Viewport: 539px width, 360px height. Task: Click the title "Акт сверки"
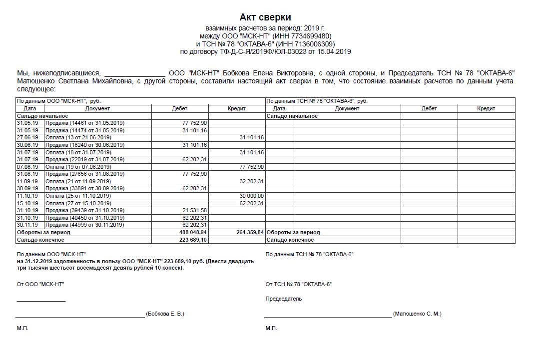pyautogui.click(x=265, y=17)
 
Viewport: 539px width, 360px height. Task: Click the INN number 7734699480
pyautogui.click(x=312, y=36)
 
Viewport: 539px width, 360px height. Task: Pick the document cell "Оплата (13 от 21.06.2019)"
pyautogui.click(x=78, y=137)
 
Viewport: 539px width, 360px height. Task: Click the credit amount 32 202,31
pyautogui.click(x=252, y=181)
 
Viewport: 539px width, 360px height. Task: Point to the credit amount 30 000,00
pyautogui.click(x=252, y=196)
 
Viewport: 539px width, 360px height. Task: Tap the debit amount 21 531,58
pyautogui.click(x=195, y=211)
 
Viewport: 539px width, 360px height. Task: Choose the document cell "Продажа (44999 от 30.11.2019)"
pyautogui.click(x=85, y=225)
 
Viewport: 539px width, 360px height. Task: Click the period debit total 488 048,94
pyautogui.click(x=193, y=233)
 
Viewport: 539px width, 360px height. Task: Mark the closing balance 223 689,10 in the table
pyautogui.click(x=193, y=240)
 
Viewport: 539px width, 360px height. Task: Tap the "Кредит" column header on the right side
pyautogui.click(x=486, y=108)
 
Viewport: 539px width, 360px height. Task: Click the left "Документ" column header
pyautogui.click(x=97, y=108)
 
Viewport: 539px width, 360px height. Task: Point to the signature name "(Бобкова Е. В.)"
pyautogui.click(x=165, y=314)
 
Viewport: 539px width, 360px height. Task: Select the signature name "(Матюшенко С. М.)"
pyautogui.click(x=417, y=314)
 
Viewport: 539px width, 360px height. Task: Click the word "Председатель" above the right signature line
pyautogui.click(x=284, y=299)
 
